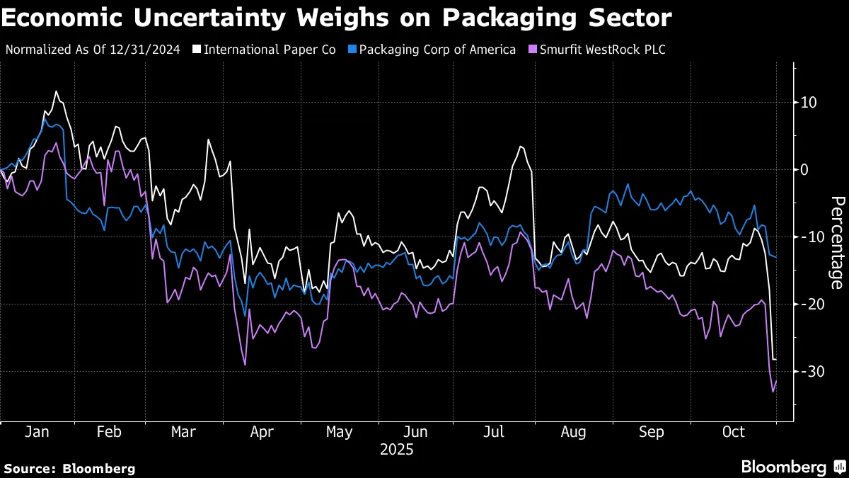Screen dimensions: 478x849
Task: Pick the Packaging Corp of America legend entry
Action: (x=437, y=50)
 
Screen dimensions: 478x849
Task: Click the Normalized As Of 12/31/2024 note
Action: (x=93, y=50)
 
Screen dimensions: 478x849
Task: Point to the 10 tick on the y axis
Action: (x=809, y=103)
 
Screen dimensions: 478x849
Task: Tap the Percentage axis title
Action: (x=836, y=242)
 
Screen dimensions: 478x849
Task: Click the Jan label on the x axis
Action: (x=36, y=432)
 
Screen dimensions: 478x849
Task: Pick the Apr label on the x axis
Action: (x=262, y=432)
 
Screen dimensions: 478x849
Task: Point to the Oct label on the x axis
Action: (x=734, y=432)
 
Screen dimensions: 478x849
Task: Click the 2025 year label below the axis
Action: (x=397, y=450)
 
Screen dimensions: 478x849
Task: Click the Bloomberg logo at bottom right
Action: (x=792, y=467)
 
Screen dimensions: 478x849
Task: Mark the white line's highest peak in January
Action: (x=56, y=91)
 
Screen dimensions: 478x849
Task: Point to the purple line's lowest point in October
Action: (x=773, y=392)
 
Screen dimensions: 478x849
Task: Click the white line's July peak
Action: (x=520, y=147)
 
